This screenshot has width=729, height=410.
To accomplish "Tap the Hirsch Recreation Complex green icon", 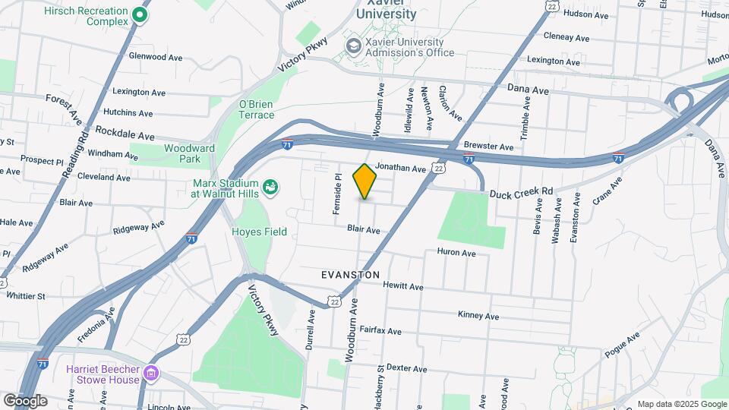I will [x=140, y=14].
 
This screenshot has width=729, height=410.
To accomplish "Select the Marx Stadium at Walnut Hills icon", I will [x=270, y=186].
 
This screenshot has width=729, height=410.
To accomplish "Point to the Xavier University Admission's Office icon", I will [x=353, y=46].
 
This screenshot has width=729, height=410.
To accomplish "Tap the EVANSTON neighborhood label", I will [x=350, y=275].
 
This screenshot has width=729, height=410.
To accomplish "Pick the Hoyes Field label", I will [x=259, y=232].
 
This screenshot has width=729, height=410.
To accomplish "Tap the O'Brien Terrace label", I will [x=257, y=109].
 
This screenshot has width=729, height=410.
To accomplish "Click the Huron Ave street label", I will [x=456, y=253].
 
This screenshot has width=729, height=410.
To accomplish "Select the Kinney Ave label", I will [x=478, y=315].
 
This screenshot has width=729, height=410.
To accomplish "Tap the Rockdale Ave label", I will [x=125, y=130].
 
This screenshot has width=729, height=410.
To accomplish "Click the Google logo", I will [x=24, y=400].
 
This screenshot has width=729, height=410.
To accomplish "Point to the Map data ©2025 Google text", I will [x=681, y=404].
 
